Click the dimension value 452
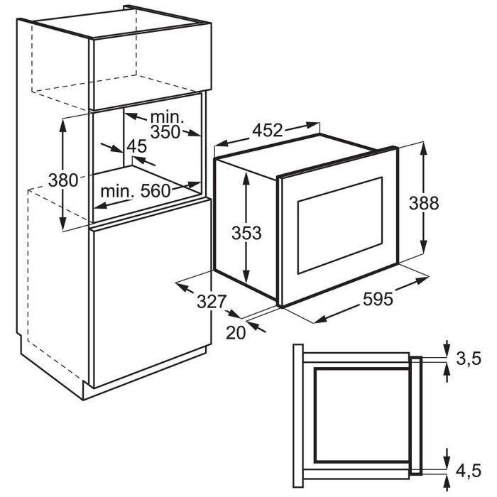click(x=267, y=130)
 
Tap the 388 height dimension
click(x=424, y=203)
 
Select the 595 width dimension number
click(x=378, y=299)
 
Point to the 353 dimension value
click(x=246, y=233)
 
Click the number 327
click(x=212, y=302)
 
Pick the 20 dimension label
click(x=236, y=333)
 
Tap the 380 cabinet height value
click(x=63, y=180)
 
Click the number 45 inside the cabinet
click(x=136, y=146)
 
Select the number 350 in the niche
click(x=165, y=132)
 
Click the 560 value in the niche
click(x=155, y=191)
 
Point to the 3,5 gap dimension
click(x=469, y=359)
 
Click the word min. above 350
click(x=167, y=117)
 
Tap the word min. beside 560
click(x=117, y=191)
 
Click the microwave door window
click(x=340, y=225)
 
